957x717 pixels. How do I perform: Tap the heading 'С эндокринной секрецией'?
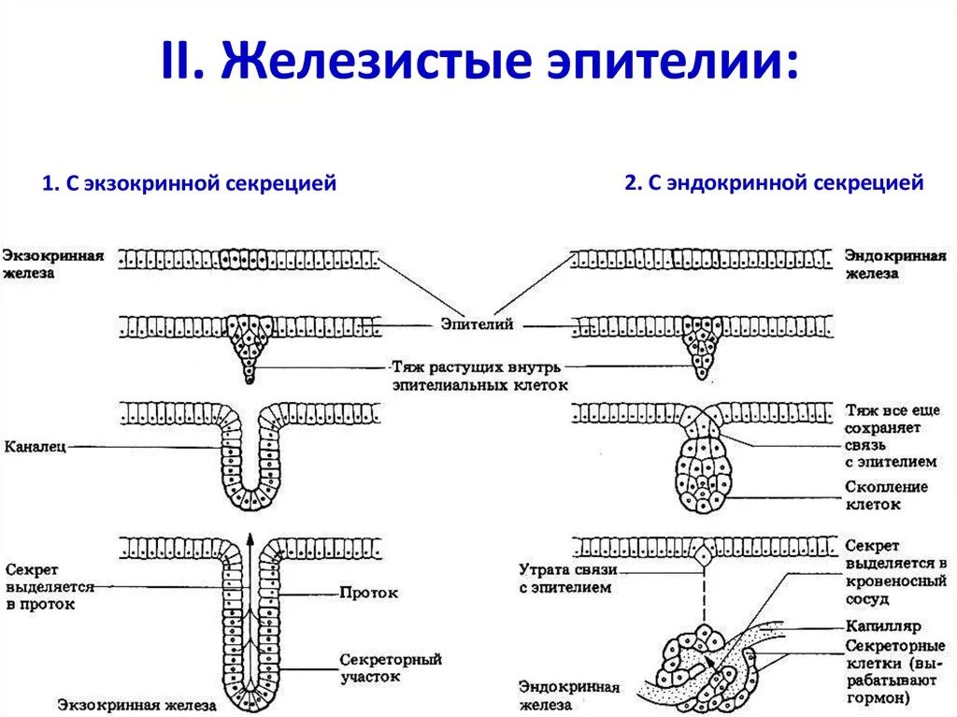point(774,183)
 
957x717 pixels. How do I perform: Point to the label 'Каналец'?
point(35,447)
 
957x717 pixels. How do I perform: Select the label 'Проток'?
point(369,593)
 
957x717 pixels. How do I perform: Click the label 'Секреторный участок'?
point(391,667)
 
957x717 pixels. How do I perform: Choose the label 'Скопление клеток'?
point(886,495)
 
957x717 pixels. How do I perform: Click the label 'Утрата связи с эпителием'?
point(564,579)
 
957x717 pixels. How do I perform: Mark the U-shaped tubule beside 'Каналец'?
point(250,467)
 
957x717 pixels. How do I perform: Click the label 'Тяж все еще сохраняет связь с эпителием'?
point(893,436)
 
